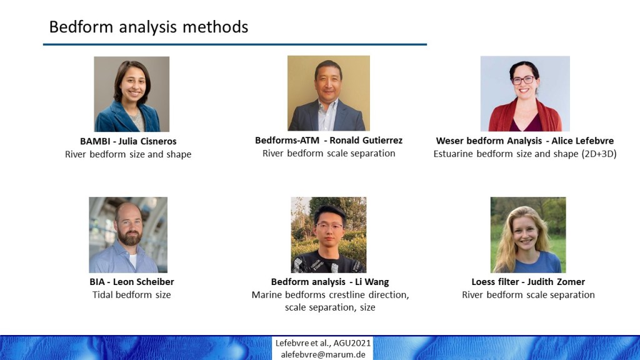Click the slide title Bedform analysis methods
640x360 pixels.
[x=149, y=27]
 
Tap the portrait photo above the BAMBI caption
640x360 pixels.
[x=131, y=94]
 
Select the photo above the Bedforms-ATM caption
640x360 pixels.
[x=329, y=93]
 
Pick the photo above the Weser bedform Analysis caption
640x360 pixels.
[x=525, y=94]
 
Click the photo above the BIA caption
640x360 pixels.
[x=128, y=235]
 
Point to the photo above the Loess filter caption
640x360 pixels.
[x=528, y=235]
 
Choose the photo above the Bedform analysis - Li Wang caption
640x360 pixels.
[x=329, y=235]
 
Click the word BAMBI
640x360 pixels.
[x=95, y=142]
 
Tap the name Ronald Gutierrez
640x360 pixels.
[x=366, y=141]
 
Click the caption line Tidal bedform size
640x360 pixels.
[x=131, y=295]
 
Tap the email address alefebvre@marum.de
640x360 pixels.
[x=323, y=354]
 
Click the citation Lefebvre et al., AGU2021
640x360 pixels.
[x=323, y=343]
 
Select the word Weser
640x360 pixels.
[x=449, y=141]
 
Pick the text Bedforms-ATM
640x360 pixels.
[x=287, y=141]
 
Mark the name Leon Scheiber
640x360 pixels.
[x=143, y=282]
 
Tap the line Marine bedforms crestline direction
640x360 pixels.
[x=330, y=295]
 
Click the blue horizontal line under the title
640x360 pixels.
[x=235, y=44]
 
